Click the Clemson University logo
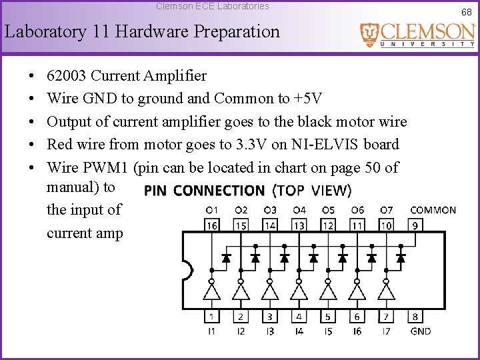[x=418, y=35]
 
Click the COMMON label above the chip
[x=433, y=210]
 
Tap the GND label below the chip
[x=421, y=331]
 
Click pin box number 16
[x=211, y=226]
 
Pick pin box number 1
[x=211, y=317]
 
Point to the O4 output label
[x=299, y=210]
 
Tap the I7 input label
[x=386, y=331]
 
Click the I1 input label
[x=211, y=331]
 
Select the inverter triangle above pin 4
[x=299, y=291]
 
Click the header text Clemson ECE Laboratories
[x=213, y=6]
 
